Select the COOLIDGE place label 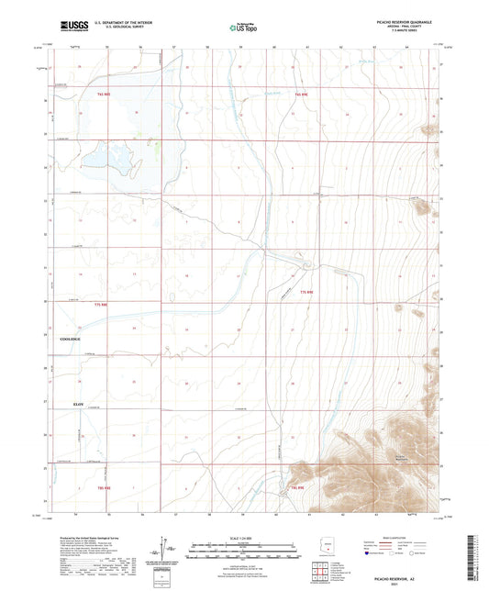pos(71,339)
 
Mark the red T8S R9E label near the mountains pos(298,487)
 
